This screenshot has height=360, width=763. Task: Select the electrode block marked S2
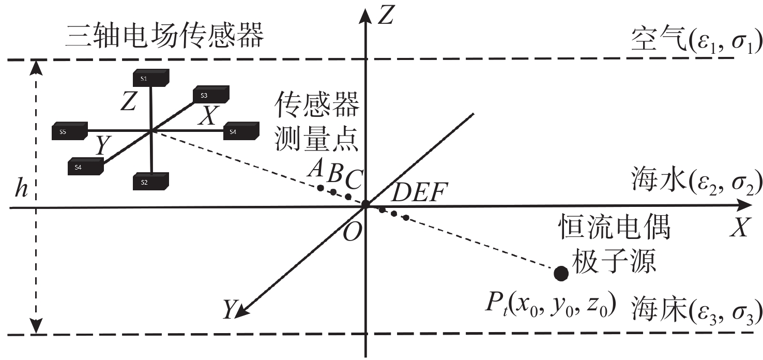point(151,182)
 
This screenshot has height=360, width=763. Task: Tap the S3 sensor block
point(210,96)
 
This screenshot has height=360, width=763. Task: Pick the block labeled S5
point(70,132)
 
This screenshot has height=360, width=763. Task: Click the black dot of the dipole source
point(561,273)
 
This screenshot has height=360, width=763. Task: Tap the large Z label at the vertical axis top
point(386,17)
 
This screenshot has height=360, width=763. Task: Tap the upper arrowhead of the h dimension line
point(36,66)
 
